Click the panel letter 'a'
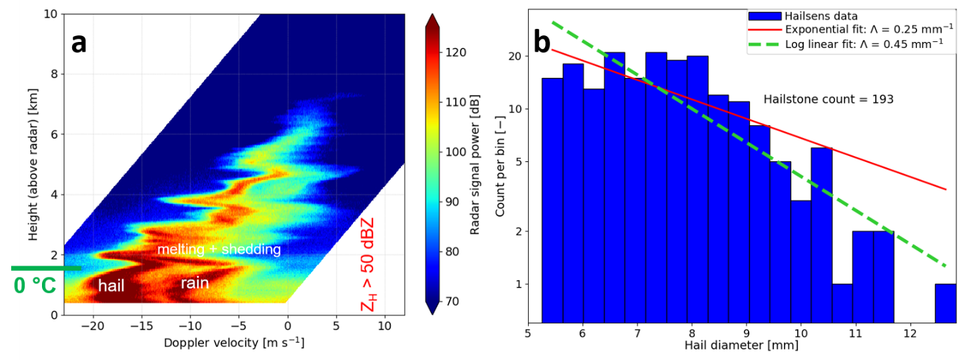[x=79, y=43]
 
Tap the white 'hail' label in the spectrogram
[x=112, y=285]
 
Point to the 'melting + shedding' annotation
[x=219, y=250]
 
